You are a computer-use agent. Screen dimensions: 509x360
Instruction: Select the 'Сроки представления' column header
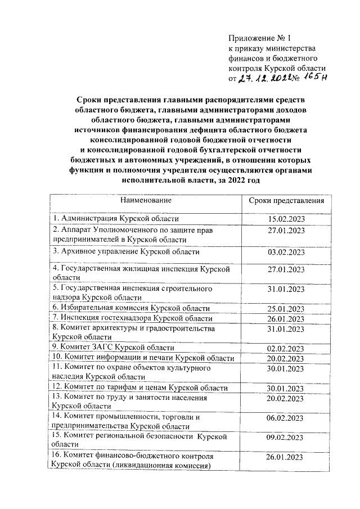(x=286, y=201)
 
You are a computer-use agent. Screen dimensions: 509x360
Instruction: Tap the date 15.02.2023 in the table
(x=286, y=219)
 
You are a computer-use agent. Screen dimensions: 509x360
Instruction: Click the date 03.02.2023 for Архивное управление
(x=286, y=252)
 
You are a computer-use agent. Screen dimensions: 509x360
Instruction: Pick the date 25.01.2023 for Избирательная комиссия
(x=286, y=308)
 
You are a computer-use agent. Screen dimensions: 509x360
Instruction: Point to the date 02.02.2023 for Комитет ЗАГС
(x=286, y=348)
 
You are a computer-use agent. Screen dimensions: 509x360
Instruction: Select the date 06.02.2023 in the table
(x=286, y=418)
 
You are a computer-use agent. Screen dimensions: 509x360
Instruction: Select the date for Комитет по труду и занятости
(x=286, y=399)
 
